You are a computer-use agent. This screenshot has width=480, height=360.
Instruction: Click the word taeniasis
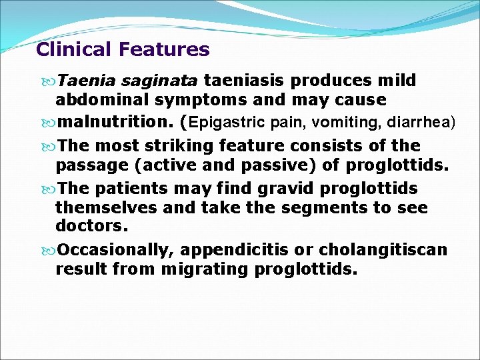(x=245, y=81)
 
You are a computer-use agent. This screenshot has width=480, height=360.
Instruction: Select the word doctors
(x=91, y=226)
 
